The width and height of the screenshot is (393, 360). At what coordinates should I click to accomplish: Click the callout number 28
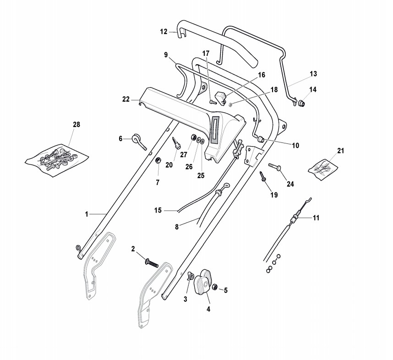[76, 124]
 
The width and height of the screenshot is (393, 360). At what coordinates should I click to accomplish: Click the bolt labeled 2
[152, 263]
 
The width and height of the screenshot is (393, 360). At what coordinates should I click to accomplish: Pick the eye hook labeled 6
[139, 142]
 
